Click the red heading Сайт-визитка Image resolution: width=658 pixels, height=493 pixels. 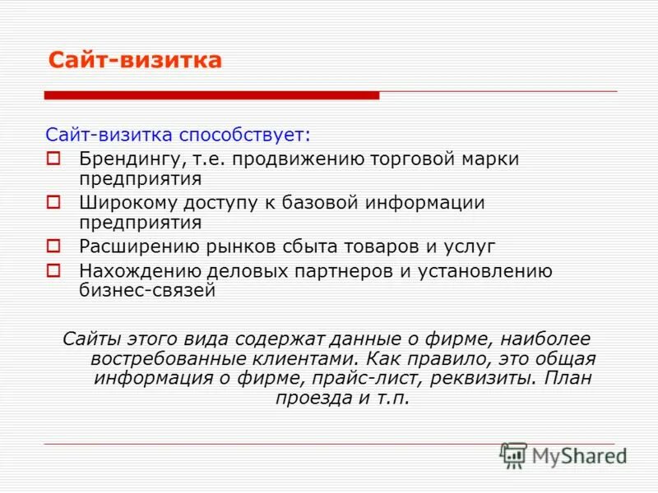(135, 61)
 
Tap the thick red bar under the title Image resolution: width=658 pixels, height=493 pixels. (211, 95)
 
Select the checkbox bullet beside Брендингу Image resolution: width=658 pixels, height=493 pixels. (53, 158)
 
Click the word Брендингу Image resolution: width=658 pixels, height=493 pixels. (131, 159)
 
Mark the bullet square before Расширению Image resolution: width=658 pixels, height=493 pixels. (53, 246)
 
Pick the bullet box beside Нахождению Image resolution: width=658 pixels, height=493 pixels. (53, 270)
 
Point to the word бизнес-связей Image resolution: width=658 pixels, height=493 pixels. (147, 290)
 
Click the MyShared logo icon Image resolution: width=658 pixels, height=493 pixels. (514, 455)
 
